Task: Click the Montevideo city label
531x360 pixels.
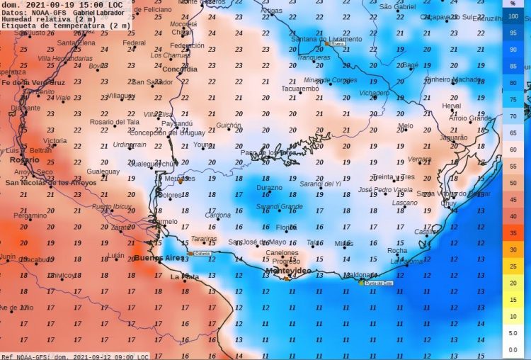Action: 287,271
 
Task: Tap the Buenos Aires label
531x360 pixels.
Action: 158,259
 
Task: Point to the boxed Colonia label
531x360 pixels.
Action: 202,253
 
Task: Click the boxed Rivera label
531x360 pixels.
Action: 337,43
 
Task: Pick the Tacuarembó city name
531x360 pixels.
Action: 300,89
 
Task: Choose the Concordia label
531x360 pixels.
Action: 179,69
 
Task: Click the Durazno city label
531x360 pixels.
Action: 269,188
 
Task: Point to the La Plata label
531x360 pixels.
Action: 185,277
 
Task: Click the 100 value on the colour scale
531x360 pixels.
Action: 513,16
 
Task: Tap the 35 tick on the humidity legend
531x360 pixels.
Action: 513,232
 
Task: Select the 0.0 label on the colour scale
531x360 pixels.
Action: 513,350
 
